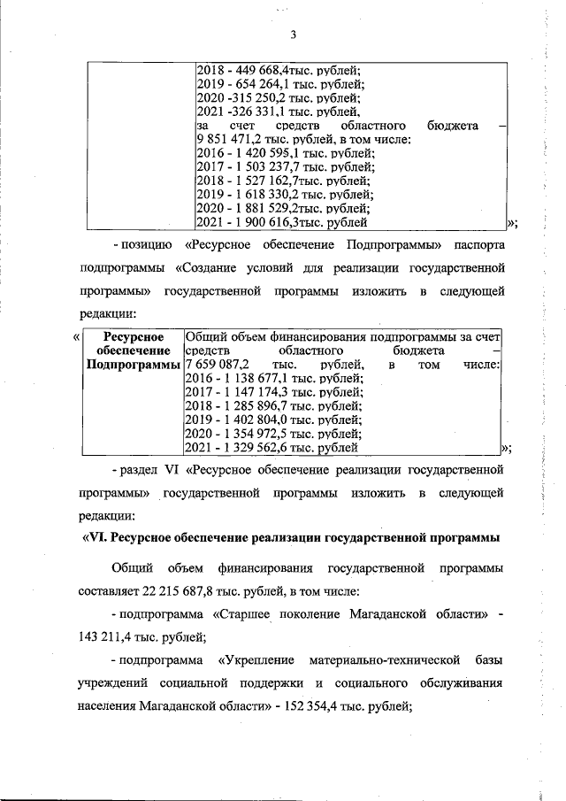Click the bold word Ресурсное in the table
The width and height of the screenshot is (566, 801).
point(131,336)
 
